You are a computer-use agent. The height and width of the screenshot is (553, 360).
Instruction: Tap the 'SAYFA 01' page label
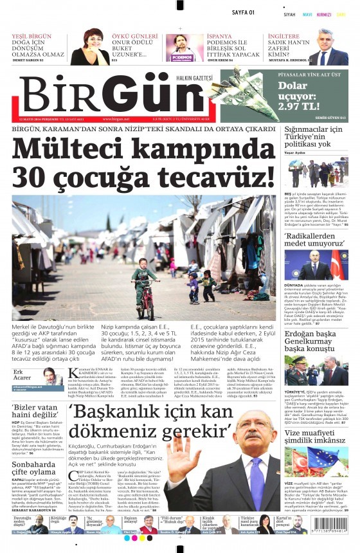[x=243, y=13]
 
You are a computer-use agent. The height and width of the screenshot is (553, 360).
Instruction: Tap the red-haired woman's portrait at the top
[x=90, y=48]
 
